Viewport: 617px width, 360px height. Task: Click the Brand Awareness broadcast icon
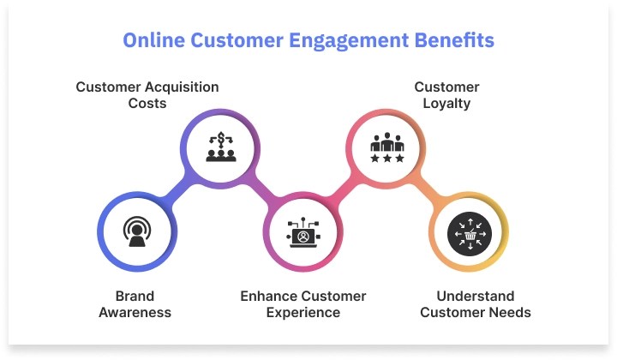tap(135, 231)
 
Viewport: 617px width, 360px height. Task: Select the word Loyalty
tap(446, 103)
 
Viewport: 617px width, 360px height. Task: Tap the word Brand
tap(135, 297)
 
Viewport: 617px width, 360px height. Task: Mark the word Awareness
tap(135, 313)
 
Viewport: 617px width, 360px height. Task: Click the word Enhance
tap(267, 297)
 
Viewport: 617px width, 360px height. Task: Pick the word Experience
tap(303, 313)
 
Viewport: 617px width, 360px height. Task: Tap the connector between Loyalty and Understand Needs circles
tap(428, 190)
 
